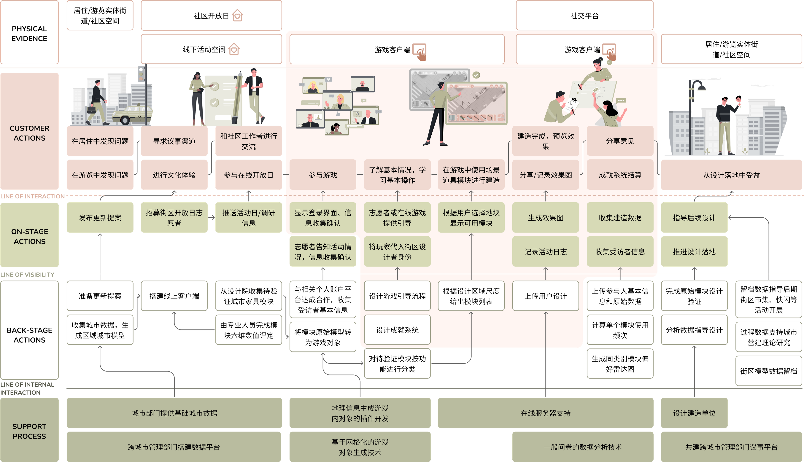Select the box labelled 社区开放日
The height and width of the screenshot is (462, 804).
coord(211,16)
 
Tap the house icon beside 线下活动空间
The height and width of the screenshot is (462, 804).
coord(234,49)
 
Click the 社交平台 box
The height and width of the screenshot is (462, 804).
coord(584,16)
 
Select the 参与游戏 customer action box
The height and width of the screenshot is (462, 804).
coord(323,175)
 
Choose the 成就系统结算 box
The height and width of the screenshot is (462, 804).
coord(620,175)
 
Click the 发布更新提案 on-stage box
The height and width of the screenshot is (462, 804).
coord(100,218)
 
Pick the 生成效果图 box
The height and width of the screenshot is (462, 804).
coord(546,218)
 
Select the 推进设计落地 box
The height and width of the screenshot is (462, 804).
coord(694,252)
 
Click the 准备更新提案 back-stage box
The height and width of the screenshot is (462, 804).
coord(100,296)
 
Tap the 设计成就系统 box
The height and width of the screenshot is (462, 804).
coord(397,330)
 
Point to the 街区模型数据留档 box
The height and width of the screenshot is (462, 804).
coord(768,371)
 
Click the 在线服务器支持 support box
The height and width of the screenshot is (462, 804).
coord(546,413)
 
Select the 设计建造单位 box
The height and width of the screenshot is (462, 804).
coord(694,413)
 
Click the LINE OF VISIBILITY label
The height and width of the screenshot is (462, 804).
coord(27,275)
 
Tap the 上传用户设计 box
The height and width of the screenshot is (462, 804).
coord(546,296)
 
